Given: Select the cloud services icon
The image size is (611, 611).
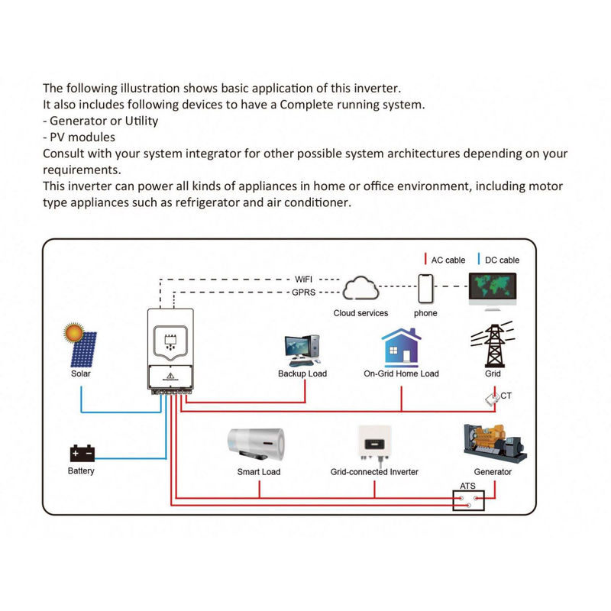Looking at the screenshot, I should pyautogui.click(x=360, y=290).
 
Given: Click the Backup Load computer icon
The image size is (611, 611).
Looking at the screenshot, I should pyautogui.click(x=302, y=351).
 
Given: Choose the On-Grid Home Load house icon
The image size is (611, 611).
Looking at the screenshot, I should pyautogui.click(x=401, y=348).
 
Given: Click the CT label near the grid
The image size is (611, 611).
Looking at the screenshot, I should pyautogui.click(x=506, y=396).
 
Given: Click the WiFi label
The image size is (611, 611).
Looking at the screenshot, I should pyautogui.click(x=305, y=280).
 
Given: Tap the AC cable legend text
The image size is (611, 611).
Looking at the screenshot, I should pyautogui.click(x=448, y=260).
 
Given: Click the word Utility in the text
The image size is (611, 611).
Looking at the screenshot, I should pyautogui.click(x=140, y=121).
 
